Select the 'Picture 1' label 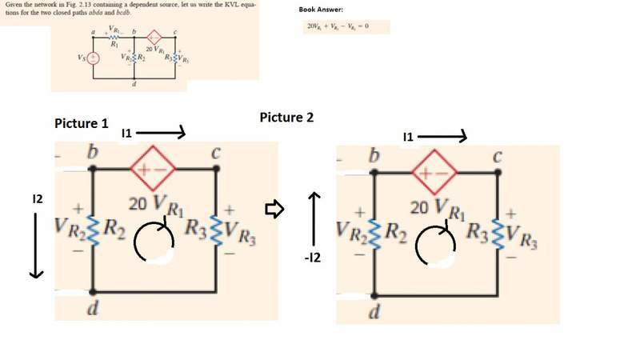81,124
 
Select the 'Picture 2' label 286,118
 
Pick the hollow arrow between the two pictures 274,210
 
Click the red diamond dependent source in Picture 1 154,170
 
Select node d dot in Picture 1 94,292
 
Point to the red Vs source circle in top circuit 93,58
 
